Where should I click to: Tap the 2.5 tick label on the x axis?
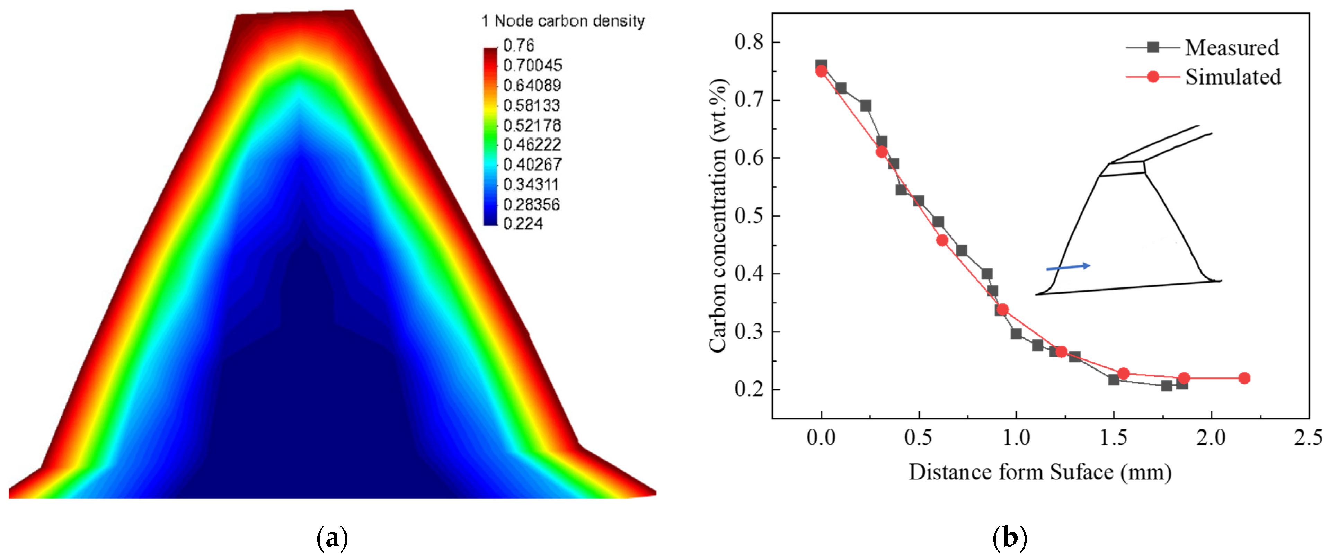click(1308, 437)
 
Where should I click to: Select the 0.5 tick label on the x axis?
click(918, 437)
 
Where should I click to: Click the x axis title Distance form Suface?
click(1039, 472)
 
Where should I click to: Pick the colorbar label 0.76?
click(519, 45)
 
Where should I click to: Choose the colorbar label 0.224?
click(523, 224)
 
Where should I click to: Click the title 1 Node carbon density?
click(563, 21)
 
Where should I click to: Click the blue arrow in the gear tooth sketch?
click(1068, 267)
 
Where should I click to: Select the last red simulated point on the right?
click(1244, 378)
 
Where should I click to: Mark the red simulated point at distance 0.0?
click(821, 71)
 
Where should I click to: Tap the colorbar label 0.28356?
click(531, 205)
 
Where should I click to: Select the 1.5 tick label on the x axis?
click(1113, 437)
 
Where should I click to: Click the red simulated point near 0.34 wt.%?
click(1002, 309)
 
